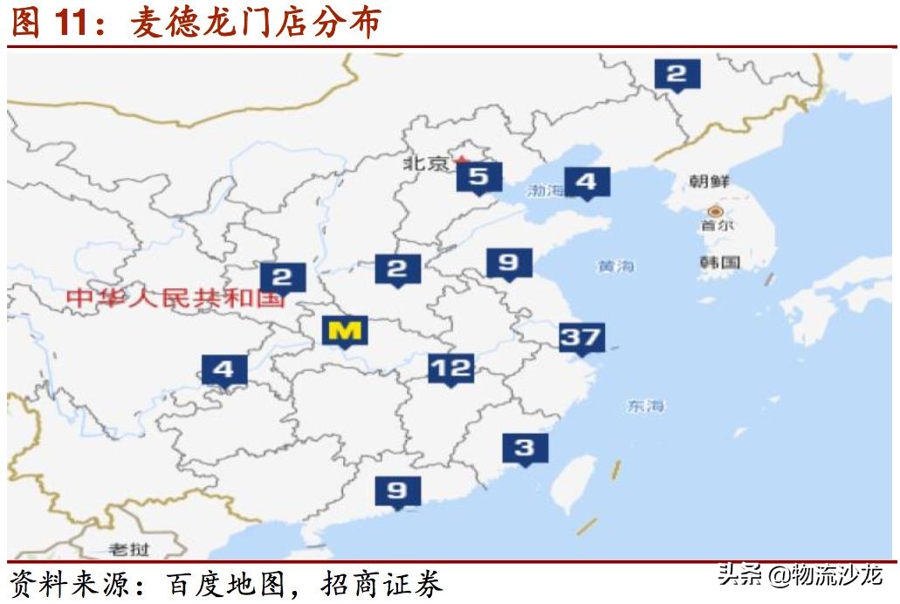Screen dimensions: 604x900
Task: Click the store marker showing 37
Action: tap(581, 337)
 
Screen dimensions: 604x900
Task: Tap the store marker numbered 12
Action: tap(450, 368)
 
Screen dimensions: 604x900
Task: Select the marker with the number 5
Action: tap(478, 177)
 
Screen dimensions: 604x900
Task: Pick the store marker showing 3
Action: tap(525, 448)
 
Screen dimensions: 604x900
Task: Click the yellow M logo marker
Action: tap(346, 331)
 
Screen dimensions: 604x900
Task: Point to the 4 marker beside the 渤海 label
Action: tap(587, 182)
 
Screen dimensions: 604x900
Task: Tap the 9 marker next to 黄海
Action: tap(508, 262)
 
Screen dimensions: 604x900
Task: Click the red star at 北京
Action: tap(462, 161)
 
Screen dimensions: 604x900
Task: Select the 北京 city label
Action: tap(425, 163)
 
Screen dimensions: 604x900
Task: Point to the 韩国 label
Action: tap(720, 262)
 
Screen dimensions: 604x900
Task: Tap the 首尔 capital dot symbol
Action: tap(716, 211)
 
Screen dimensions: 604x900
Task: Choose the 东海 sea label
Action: tap(645, 406)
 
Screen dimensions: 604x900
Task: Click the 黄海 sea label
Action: tap(616, 266)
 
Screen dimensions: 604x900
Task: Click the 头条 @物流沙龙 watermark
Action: tap(800, 577)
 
